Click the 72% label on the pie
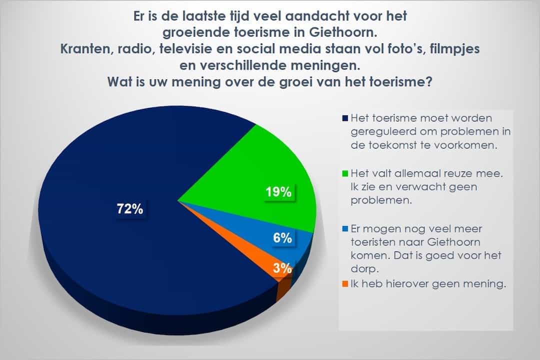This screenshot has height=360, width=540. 130,209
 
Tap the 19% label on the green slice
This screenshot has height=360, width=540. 278,192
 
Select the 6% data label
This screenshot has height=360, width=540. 282,237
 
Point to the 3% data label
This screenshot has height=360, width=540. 282,267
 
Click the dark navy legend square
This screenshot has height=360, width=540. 345,118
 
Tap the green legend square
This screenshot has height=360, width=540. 345,173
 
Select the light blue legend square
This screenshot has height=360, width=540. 345,228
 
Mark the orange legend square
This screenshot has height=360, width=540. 345,284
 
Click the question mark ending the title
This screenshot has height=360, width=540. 429,81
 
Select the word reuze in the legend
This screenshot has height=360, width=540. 456,173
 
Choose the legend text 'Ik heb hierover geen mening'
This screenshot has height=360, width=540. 428,284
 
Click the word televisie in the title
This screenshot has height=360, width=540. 181,48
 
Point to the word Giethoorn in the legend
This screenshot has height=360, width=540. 453,242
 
